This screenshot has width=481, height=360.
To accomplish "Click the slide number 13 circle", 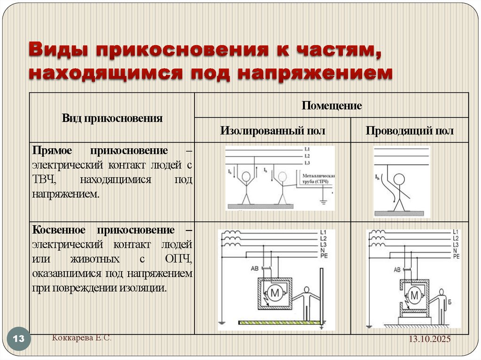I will point(19,339).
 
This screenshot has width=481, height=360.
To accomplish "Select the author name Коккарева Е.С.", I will point(82,338).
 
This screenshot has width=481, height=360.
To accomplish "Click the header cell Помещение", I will point(332,106).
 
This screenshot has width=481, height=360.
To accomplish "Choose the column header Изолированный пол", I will point(272,130).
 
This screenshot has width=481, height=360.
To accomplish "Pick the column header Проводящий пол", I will point(410,130).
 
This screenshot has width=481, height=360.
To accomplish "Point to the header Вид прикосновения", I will point(112,118).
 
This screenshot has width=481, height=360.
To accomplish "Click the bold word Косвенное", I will point(59,230).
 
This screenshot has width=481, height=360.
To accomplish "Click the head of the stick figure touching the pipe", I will point(282,177).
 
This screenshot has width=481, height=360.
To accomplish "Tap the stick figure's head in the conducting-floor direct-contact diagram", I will point(399,179).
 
